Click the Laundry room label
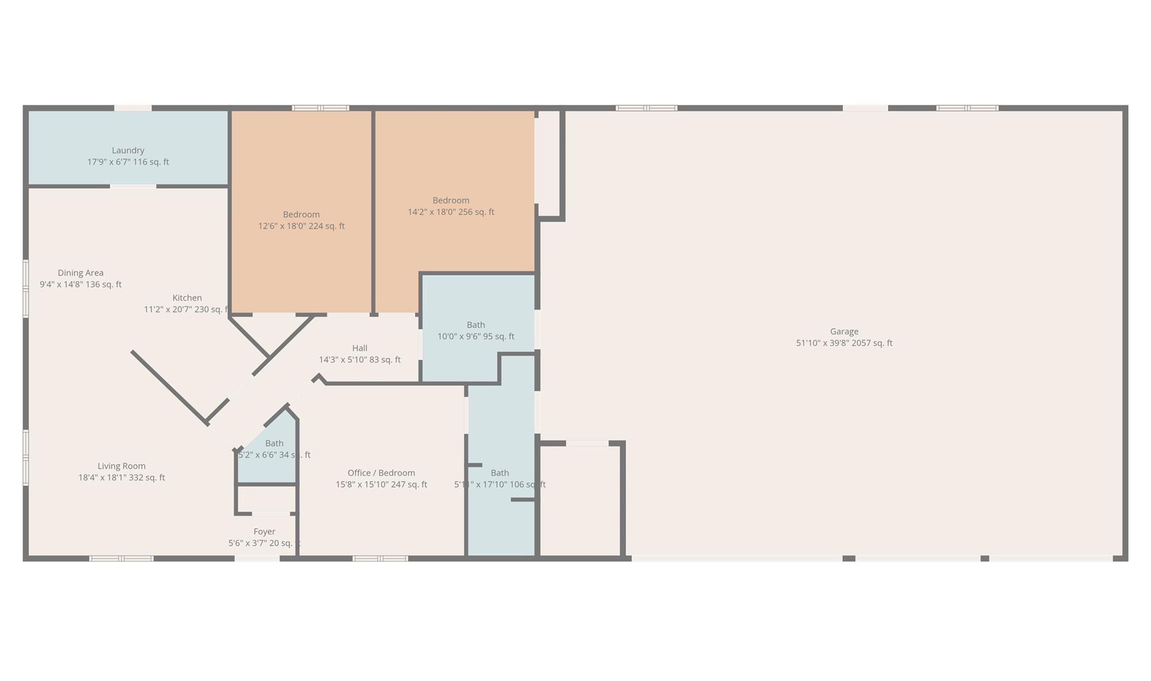(128, 151)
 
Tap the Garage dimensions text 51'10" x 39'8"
(844, 343)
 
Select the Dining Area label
(80, 273)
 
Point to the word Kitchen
(187, 298)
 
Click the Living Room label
(121, 466)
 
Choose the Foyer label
(264, 532)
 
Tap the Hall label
(360, 348)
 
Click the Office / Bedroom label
(381, 473)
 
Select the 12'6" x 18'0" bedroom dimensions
(301, 226)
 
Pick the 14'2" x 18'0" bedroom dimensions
(451, 212)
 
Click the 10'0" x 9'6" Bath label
(475, 325)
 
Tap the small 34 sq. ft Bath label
(274, 443)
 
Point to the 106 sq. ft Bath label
(500, 473)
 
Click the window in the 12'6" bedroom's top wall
(320, 108)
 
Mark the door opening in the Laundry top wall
(133, 108)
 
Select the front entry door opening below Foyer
(257, 559)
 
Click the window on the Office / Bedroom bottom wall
(380, 559)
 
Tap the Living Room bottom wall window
(121, 559)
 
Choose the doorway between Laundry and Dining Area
(133, 186)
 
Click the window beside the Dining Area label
(26, 288)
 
